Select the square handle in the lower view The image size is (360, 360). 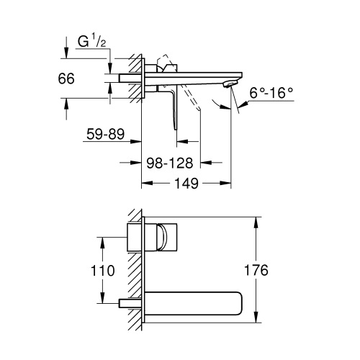(163, 237)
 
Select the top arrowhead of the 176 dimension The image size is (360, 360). (256, 217)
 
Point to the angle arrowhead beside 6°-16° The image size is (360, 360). (243, 104)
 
